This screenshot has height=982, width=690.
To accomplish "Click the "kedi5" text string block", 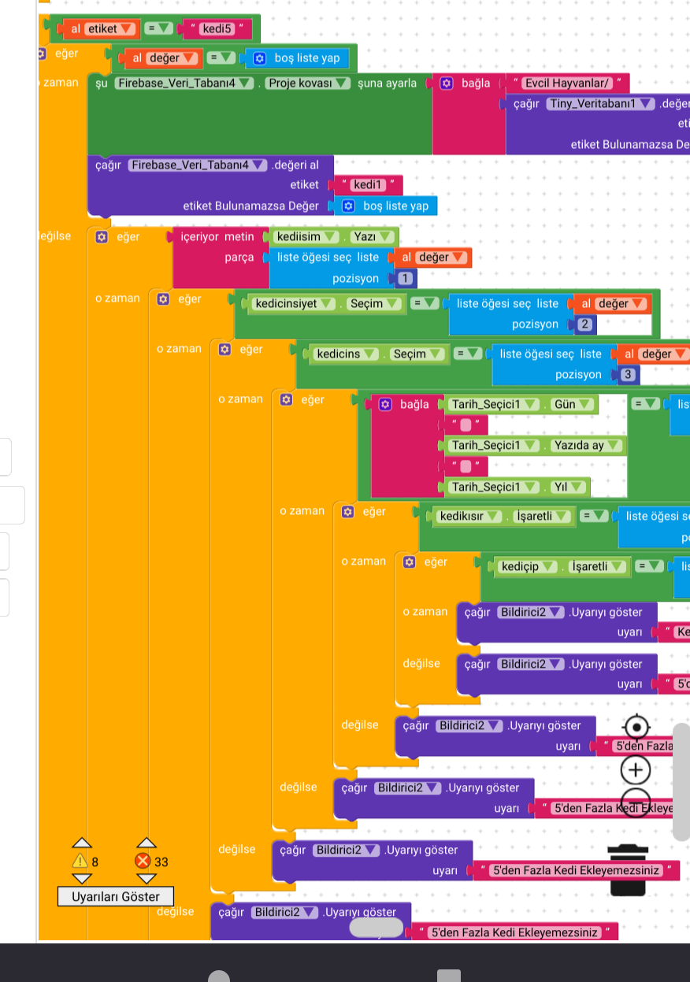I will coord(216,29).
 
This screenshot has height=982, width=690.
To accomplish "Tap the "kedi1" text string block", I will coord(367,185).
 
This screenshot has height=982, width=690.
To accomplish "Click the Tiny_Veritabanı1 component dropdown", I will coord(602,104).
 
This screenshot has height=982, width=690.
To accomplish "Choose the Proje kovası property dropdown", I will coord(307,83).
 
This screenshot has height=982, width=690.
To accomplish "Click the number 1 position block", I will coord(404,278).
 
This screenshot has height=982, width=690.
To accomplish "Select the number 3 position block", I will coord(627,375).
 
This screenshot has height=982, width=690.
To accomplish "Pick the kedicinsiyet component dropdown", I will coord(291,303).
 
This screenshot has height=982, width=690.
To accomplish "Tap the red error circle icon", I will coord(143,862).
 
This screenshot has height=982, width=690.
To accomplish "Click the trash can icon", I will coord(627,869).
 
